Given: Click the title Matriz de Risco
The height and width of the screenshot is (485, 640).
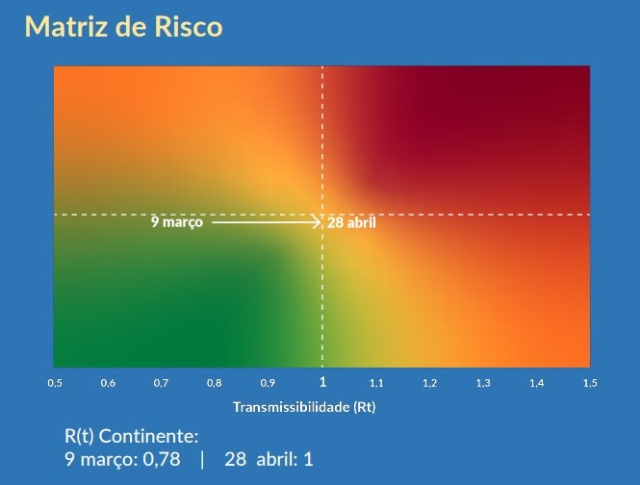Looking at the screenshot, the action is point(124,27).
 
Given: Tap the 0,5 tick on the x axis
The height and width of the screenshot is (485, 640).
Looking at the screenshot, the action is point(55,383).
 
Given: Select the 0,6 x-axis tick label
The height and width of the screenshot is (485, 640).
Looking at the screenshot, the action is point(108,383).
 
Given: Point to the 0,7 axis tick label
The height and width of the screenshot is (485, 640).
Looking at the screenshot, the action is point(161,383).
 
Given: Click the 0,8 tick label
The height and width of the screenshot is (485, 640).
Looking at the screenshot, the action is point(214,383).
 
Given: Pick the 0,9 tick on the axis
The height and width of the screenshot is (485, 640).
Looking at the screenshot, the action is point(268,383).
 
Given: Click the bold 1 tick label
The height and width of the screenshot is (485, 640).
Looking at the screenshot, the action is point(322,382).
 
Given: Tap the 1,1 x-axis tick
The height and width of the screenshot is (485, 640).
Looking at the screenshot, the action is point(376,383).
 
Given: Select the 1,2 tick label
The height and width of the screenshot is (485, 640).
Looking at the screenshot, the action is point(430,383).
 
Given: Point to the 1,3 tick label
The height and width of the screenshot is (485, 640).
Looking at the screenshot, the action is point(483,383).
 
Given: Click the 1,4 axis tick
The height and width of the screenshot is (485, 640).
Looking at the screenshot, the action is point(537,383).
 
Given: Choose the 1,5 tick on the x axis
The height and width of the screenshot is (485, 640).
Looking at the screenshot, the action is point(590,383).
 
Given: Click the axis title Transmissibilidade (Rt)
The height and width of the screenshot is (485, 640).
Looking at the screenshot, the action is point(304,407).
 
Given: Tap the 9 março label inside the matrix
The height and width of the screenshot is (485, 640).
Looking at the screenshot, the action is point(177,222).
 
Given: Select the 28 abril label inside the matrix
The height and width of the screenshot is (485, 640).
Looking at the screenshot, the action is point(351,223).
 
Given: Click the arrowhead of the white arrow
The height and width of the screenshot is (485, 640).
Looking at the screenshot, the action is point(318,222).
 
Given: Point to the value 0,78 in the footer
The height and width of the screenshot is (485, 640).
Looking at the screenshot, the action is point(162,459).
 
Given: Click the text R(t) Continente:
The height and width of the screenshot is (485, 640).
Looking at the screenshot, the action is point(132,436).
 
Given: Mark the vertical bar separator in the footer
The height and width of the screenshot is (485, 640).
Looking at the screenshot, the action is point(202,460).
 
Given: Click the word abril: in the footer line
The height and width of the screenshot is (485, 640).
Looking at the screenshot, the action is point(277,459).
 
